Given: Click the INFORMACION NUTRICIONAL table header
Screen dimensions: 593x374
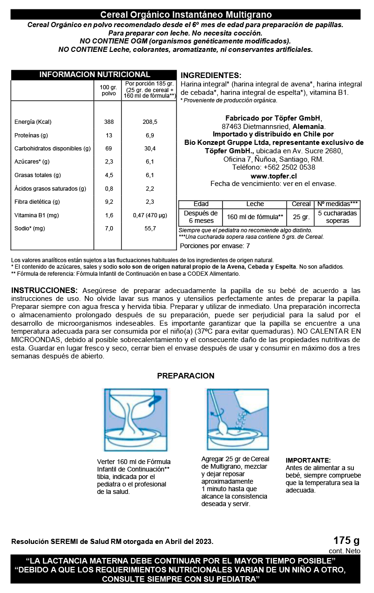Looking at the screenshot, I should tap(94, 75).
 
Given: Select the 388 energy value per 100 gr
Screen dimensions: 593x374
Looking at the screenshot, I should tap(109, 122).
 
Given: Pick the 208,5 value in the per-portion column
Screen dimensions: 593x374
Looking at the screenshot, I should tap(150, 122).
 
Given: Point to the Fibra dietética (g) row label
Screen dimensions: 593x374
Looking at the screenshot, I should tap(37, 202).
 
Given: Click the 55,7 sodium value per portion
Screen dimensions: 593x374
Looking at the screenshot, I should tap(150, 229).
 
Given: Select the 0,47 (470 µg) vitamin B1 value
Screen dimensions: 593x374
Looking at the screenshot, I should tap(150, 215).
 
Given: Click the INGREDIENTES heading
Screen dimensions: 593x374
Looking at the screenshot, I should tap(211, 76).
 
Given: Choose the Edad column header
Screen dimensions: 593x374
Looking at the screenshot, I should tap(201, 204).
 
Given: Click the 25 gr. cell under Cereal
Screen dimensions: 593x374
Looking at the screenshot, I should tap(301, 217).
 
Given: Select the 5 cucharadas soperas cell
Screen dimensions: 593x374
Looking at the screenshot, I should tap(337, 217).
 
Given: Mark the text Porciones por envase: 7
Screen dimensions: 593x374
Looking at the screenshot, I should tap(215, 246).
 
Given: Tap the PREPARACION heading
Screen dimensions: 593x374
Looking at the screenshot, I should tap(186, 376).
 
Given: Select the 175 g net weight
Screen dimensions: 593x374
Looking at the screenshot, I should tap(346, 541).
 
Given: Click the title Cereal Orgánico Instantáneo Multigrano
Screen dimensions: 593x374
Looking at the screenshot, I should tap(186, 15).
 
